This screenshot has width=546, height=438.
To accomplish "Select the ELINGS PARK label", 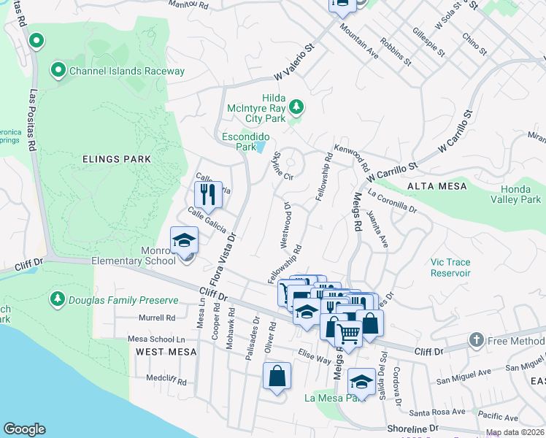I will [117, 158].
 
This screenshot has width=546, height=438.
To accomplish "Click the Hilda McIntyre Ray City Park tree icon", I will [296, 107].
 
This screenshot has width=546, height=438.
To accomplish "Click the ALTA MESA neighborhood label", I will [437, 186].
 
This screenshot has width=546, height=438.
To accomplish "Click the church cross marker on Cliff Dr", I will [476, 340].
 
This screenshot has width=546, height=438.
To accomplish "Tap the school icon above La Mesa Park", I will [361, 382].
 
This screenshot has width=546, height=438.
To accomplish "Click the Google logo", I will [24, 429].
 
